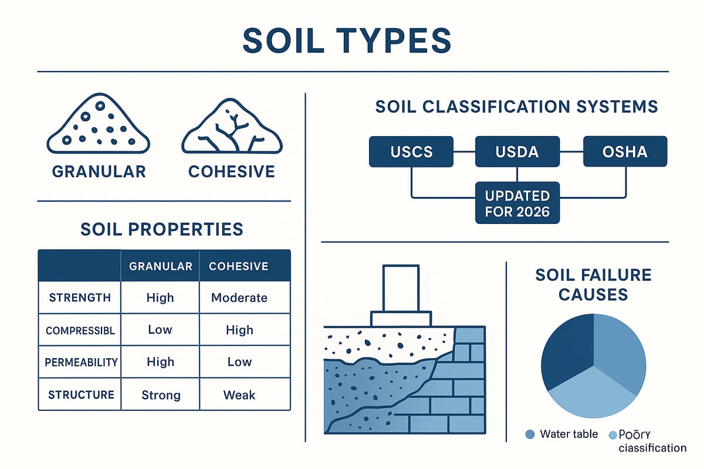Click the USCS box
tap(411, 151)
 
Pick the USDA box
tap(517, 151)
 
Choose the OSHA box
tap(624, 151)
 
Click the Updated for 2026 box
tap(517, 203)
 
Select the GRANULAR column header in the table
tap(160, 266)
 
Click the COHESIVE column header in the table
tap(239, 266)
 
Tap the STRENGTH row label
tap(80, 297)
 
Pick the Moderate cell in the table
tap(239, 297)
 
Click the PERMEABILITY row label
tap(81, 362)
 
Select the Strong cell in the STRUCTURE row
tap(160, 395)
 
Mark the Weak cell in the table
tap(239, 395)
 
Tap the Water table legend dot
tap(530, 434)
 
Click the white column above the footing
tap(401, 288)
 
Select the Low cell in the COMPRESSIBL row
tap(160, 330)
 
